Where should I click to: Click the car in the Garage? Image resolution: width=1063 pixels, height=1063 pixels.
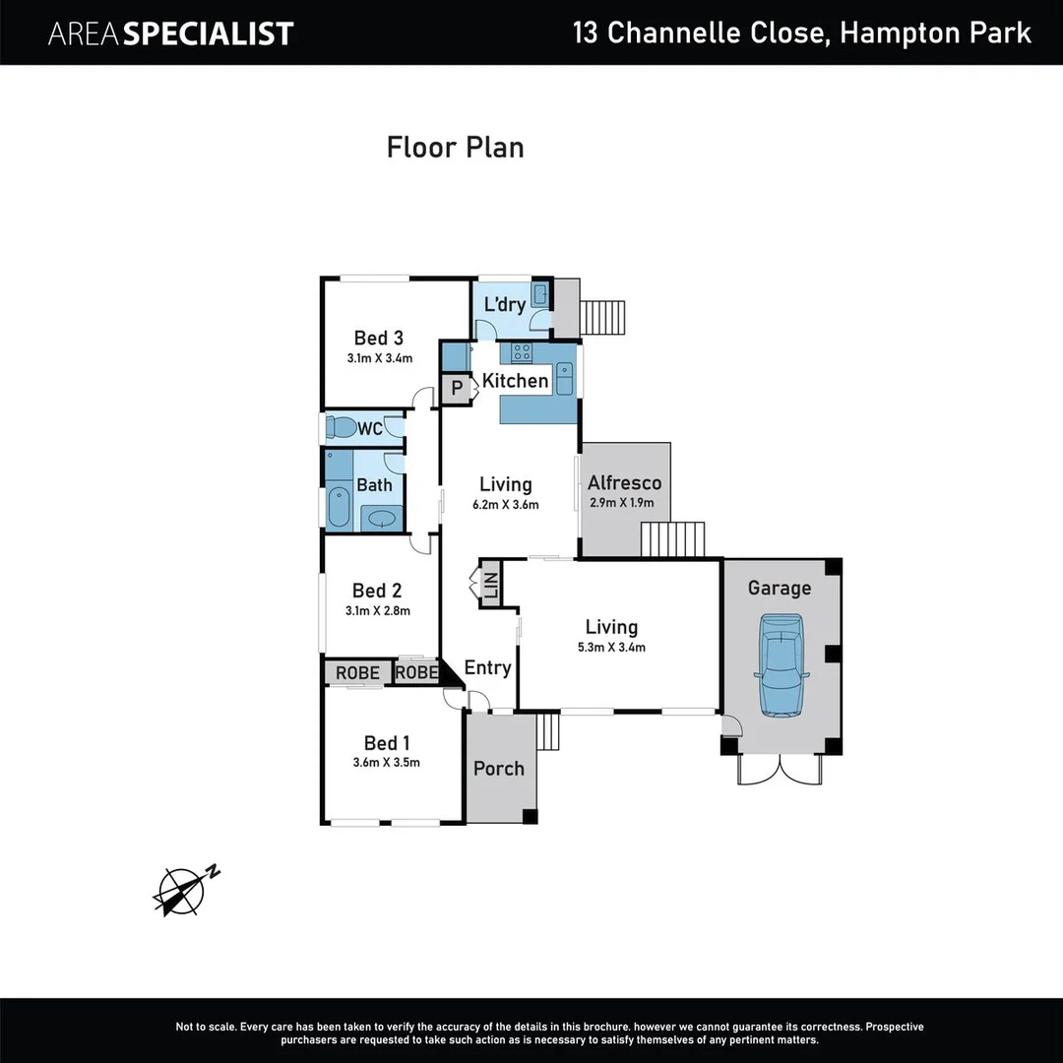pyautogui.click(x=781, y=664)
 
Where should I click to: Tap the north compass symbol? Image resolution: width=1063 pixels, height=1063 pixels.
pyautogui.click(x=182, y=890)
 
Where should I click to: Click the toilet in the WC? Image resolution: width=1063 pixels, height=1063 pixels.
pyautogui.click(x=341, y=428)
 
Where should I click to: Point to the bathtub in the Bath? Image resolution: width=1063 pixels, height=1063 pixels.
pyautogui.click(x=339, y=506)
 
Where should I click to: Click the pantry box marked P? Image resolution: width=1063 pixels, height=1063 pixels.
pyautogui.click(x=456, y=390)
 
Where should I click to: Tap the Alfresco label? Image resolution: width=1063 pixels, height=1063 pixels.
pyautogui.click(x=624, y=483)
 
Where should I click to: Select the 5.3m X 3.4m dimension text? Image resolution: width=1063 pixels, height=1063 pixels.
pyautogui.click(x=611, y=647)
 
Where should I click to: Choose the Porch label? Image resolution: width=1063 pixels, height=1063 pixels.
pyautogui.click(x=499, y=769)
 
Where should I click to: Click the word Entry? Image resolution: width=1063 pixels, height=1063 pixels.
pyautogui.click(x=487, y=668)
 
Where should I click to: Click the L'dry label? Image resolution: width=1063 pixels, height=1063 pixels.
pyautogui.click(x=504, y=305)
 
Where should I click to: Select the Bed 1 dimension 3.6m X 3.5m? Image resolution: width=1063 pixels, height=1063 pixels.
pyautogui.click(x=387, y=762)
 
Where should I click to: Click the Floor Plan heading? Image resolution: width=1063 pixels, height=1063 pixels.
pyautogui.click(x=455, y=148)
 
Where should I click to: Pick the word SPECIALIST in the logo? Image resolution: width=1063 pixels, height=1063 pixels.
pyautogui.click(x=210, y=33)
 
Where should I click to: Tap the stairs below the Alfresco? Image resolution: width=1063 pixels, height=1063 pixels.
pyautogui.click(x=673, y=539)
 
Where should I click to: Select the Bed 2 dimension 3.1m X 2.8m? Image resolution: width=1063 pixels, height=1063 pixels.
pyautogui.click(x=377, y=610)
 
